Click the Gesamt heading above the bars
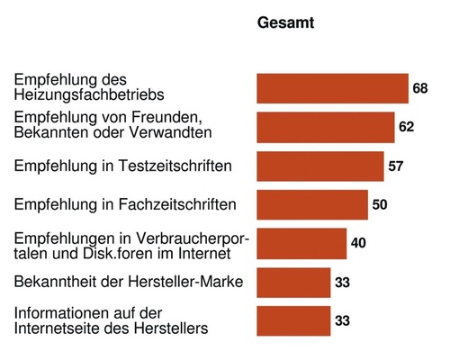point(286,22)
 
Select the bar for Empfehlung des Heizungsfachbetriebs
point(332,88)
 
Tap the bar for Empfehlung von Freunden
point(326,127)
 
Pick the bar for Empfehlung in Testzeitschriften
point(320,166)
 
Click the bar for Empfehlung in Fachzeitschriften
point(312,204)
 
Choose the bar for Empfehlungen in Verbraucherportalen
point(301,243)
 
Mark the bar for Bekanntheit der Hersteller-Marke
point(293,282)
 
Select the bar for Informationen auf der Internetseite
point(293,320)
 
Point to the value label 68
point(420,88)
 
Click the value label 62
point(406,127)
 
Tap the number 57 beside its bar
point(395,166)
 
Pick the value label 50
point(380,204)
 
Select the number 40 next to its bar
point(358,243)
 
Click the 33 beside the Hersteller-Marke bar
point(342,282)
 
